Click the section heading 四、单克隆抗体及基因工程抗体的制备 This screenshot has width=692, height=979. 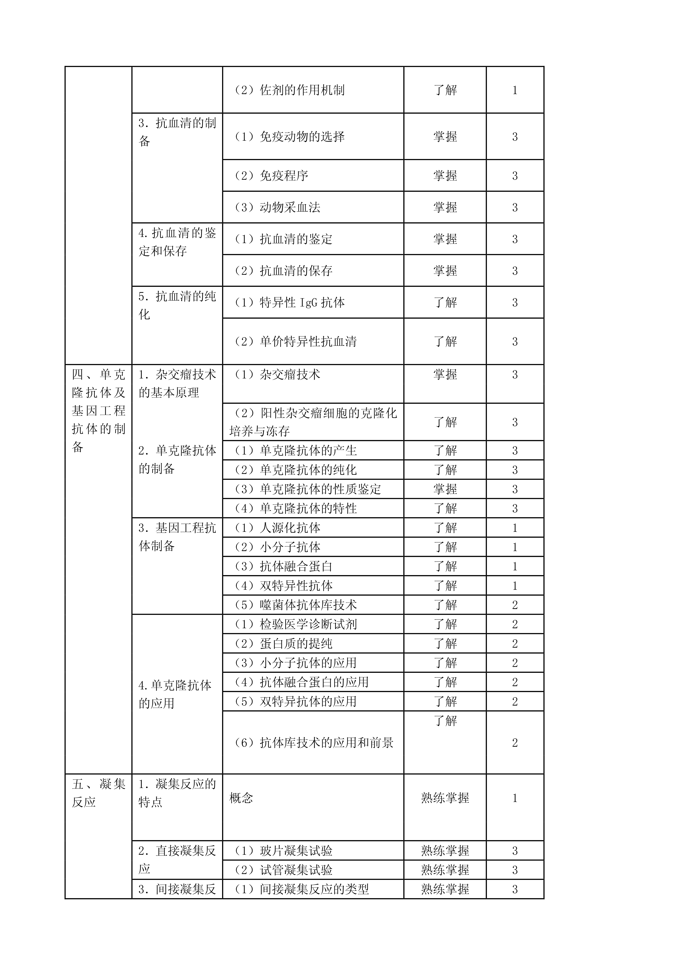99,411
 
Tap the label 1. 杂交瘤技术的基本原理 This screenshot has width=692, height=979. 177,383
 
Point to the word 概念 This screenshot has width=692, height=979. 241,798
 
